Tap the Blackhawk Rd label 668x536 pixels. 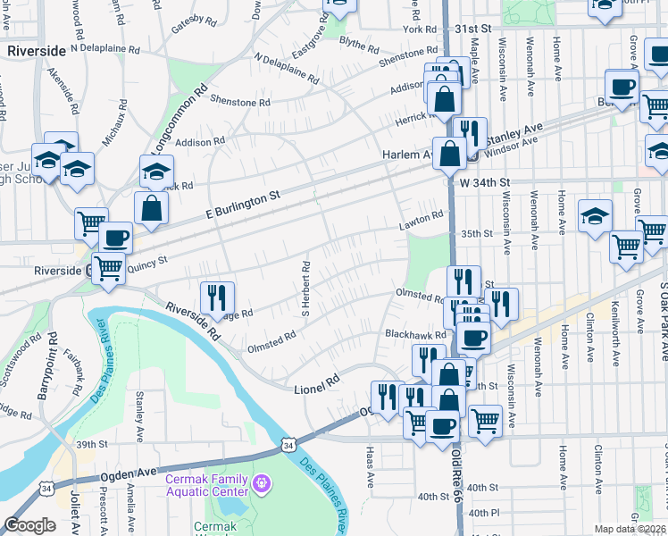click(414, 334)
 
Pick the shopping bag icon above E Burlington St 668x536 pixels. click(152, 208)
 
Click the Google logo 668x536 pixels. click(29, 525)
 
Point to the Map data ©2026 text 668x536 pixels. click(630, 529)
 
